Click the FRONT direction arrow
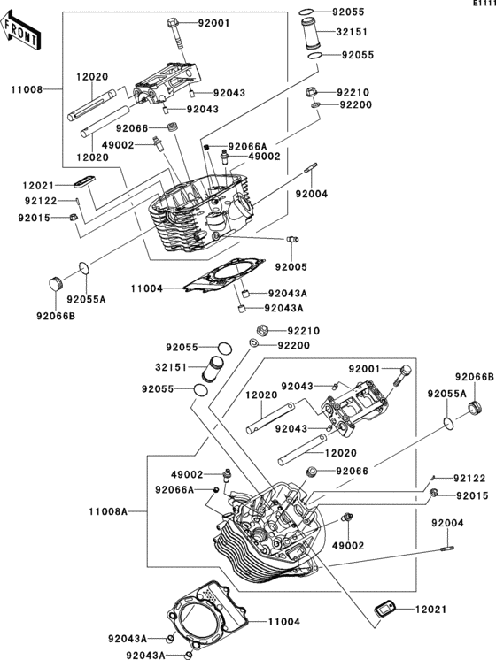21,29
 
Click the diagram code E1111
484,4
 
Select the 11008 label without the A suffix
27,89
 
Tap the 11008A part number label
108,511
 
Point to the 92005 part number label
291,267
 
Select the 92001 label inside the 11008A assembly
365,369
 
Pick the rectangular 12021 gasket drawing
384,609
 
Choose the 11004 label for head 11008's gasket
147,288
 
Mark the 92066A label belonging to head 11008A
174,489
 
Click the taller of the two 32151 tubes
312,34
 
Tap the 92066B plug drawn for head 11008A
476,408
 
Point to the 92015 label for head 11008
35,218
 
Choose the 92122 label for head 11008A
469,479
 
